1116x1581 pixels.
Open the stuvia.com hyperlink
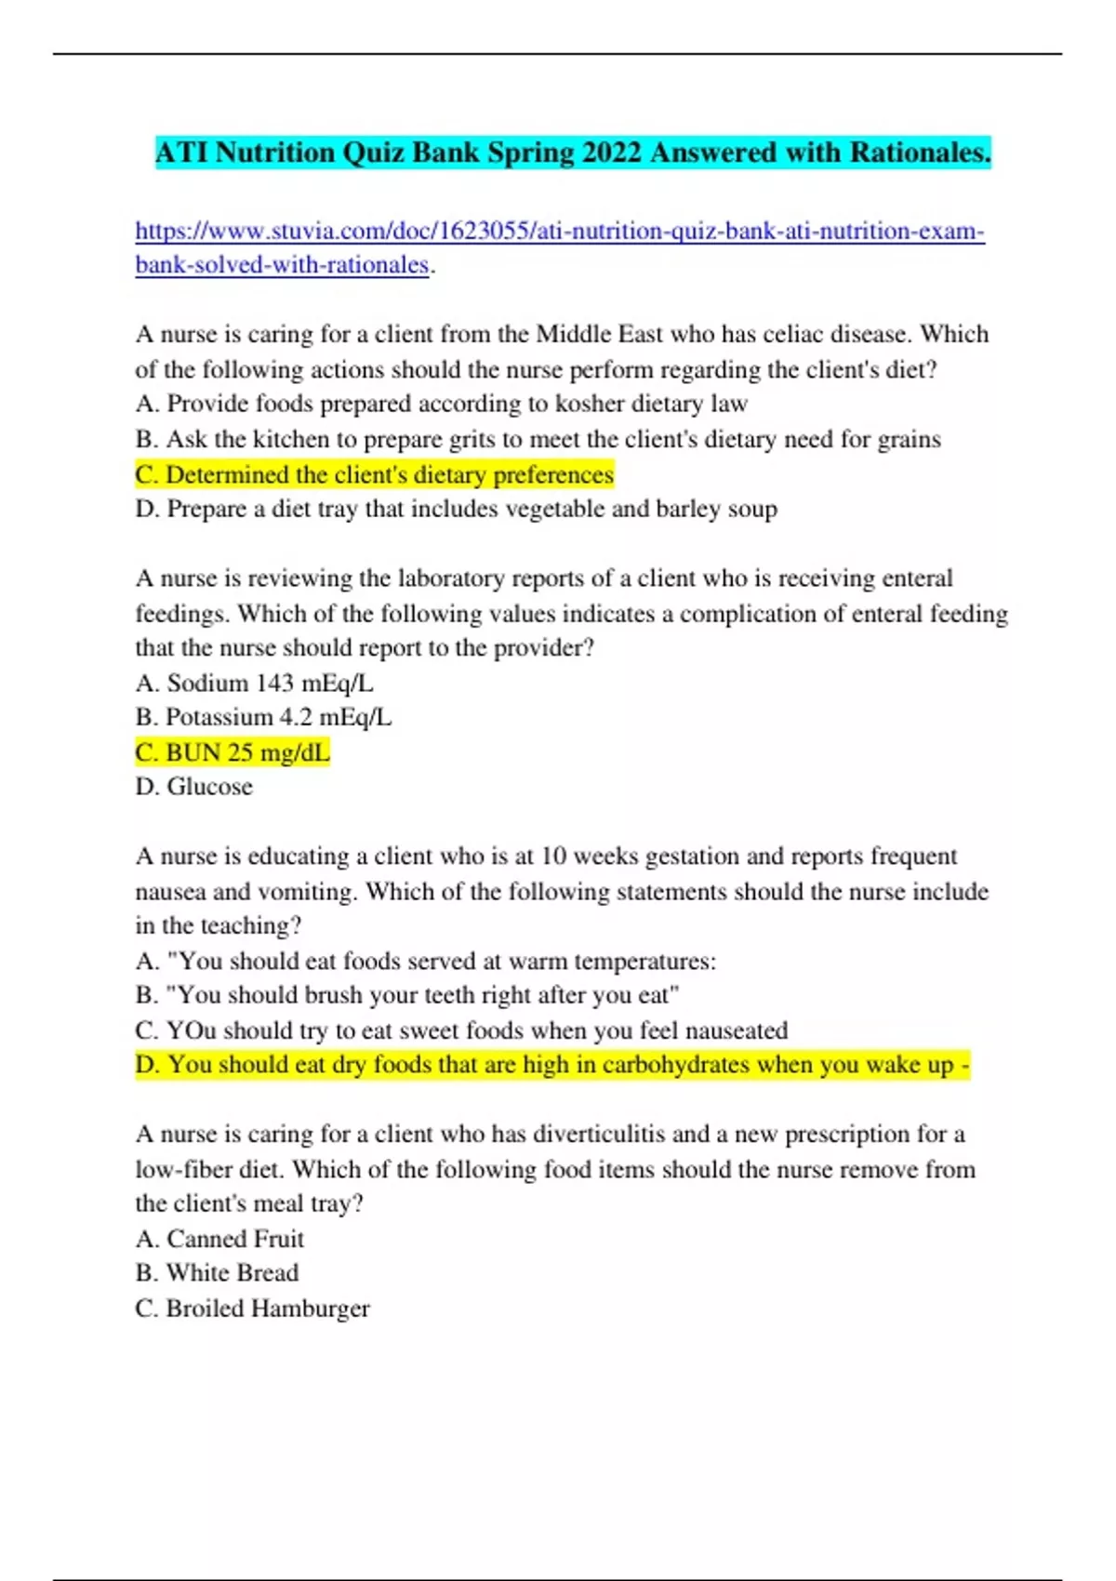pos(559,231)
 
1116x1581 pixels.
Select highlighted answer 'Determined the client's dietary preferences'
pos(374,474)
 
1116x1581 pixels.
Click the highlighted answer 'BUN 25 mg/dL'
pos(232,752)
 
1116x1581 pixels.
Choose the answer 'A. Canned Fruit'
pos(219,1239)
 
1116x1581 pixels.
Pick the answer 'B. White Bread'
pos(217,1273)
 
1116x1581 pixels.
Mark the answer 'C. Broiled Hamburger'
pos(252,1309)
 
